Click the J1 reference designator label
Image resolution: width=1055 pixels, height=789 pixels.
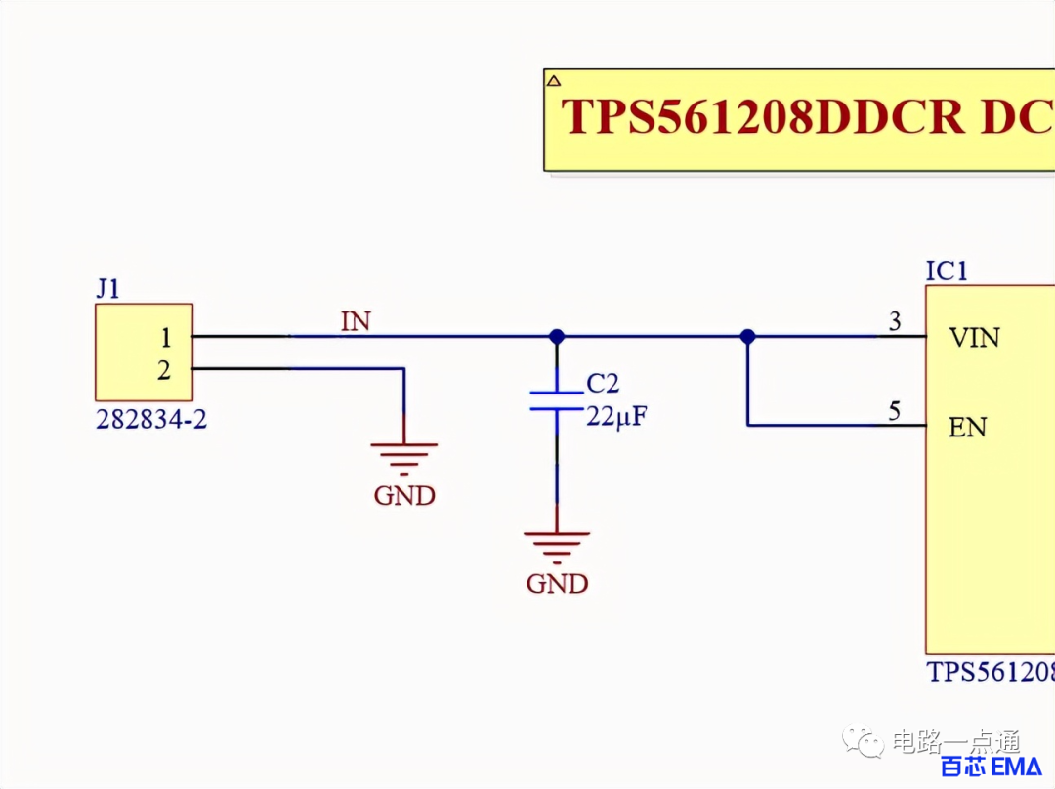click(107, 289)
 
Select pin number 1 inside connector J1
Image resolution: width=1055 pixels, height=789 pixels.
click(165, 338)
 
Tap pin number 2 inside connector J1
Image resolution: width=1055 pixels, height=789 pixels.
click(164, 371)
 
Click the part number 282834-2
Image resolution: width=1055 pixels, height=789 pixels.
click(151, 419)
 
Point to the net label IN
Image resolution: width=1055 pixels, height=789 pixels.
click(356, 321)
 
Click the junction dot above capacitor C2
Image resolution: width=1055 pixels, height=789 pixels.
click(557, 336)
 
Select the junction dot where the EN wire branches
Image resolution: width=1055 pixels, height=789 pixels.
click(747, 336)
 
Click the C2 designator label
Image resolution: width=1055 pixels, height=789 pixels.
click(602, 384)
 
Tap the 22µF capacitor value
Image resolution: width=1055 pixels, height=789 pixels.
click(616, 416)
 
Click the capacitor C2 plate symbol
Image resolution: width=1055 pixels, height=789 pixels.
click(557, 400)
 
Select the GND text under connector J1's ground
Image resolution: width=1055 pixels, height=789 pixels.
click(404, 496)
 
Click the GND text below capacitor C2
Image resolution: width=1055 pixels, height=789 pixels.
click(557, 584)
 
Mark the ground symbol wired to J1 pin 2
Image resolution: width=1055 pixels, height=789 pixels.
click(403, 458)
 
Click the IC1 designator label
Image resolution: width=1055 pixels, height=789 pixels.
click(947, 271)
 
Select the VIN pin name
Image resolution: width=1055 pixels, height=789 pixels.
click(974, 338)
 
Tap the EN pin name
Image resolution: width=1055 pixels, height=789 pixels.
click(967, 427)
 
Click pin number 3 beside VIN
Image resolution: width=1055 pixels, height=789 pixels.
click(895, 321)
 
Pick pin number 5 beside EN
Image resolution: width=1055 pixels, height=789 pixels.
click(894, 411)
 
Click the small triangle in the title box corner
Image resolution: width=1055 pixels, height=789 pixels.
click(553, 81)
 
